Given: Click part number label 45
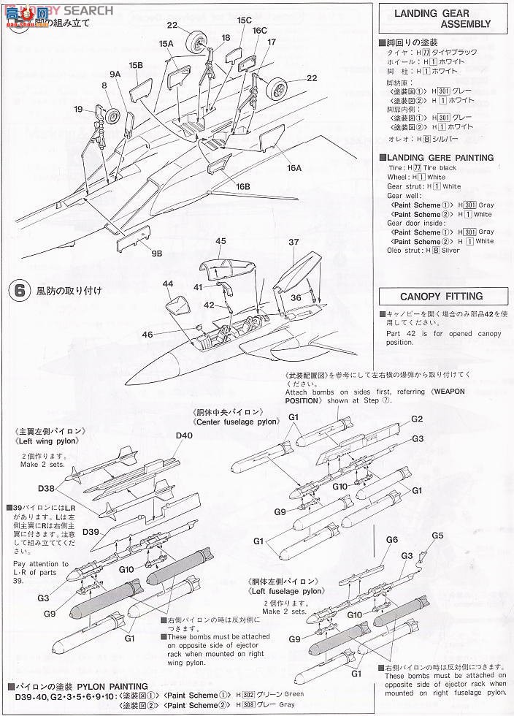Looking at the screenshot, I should pyautogui.click(x=221, y=241).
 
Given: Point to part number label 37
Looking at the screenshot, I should pyautogui.click(x=294, y=243).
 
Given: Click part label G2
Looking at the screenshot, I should pyautogui.click(x=417, y=419).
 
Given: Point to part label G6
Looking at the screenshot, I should pyautogui.click(x=391, y=539).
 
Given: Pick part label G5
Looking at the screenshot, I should pyautogui.click(x=437, y=536).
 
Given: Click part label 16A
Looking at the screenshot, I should pyautogui.click(x=295, y=167).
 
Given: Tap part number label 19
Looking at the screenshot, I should pyautogui.click(x=78, y=110).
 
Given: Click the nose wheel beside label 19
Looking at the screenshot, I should pyautogui.click(x=113, y=118).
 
